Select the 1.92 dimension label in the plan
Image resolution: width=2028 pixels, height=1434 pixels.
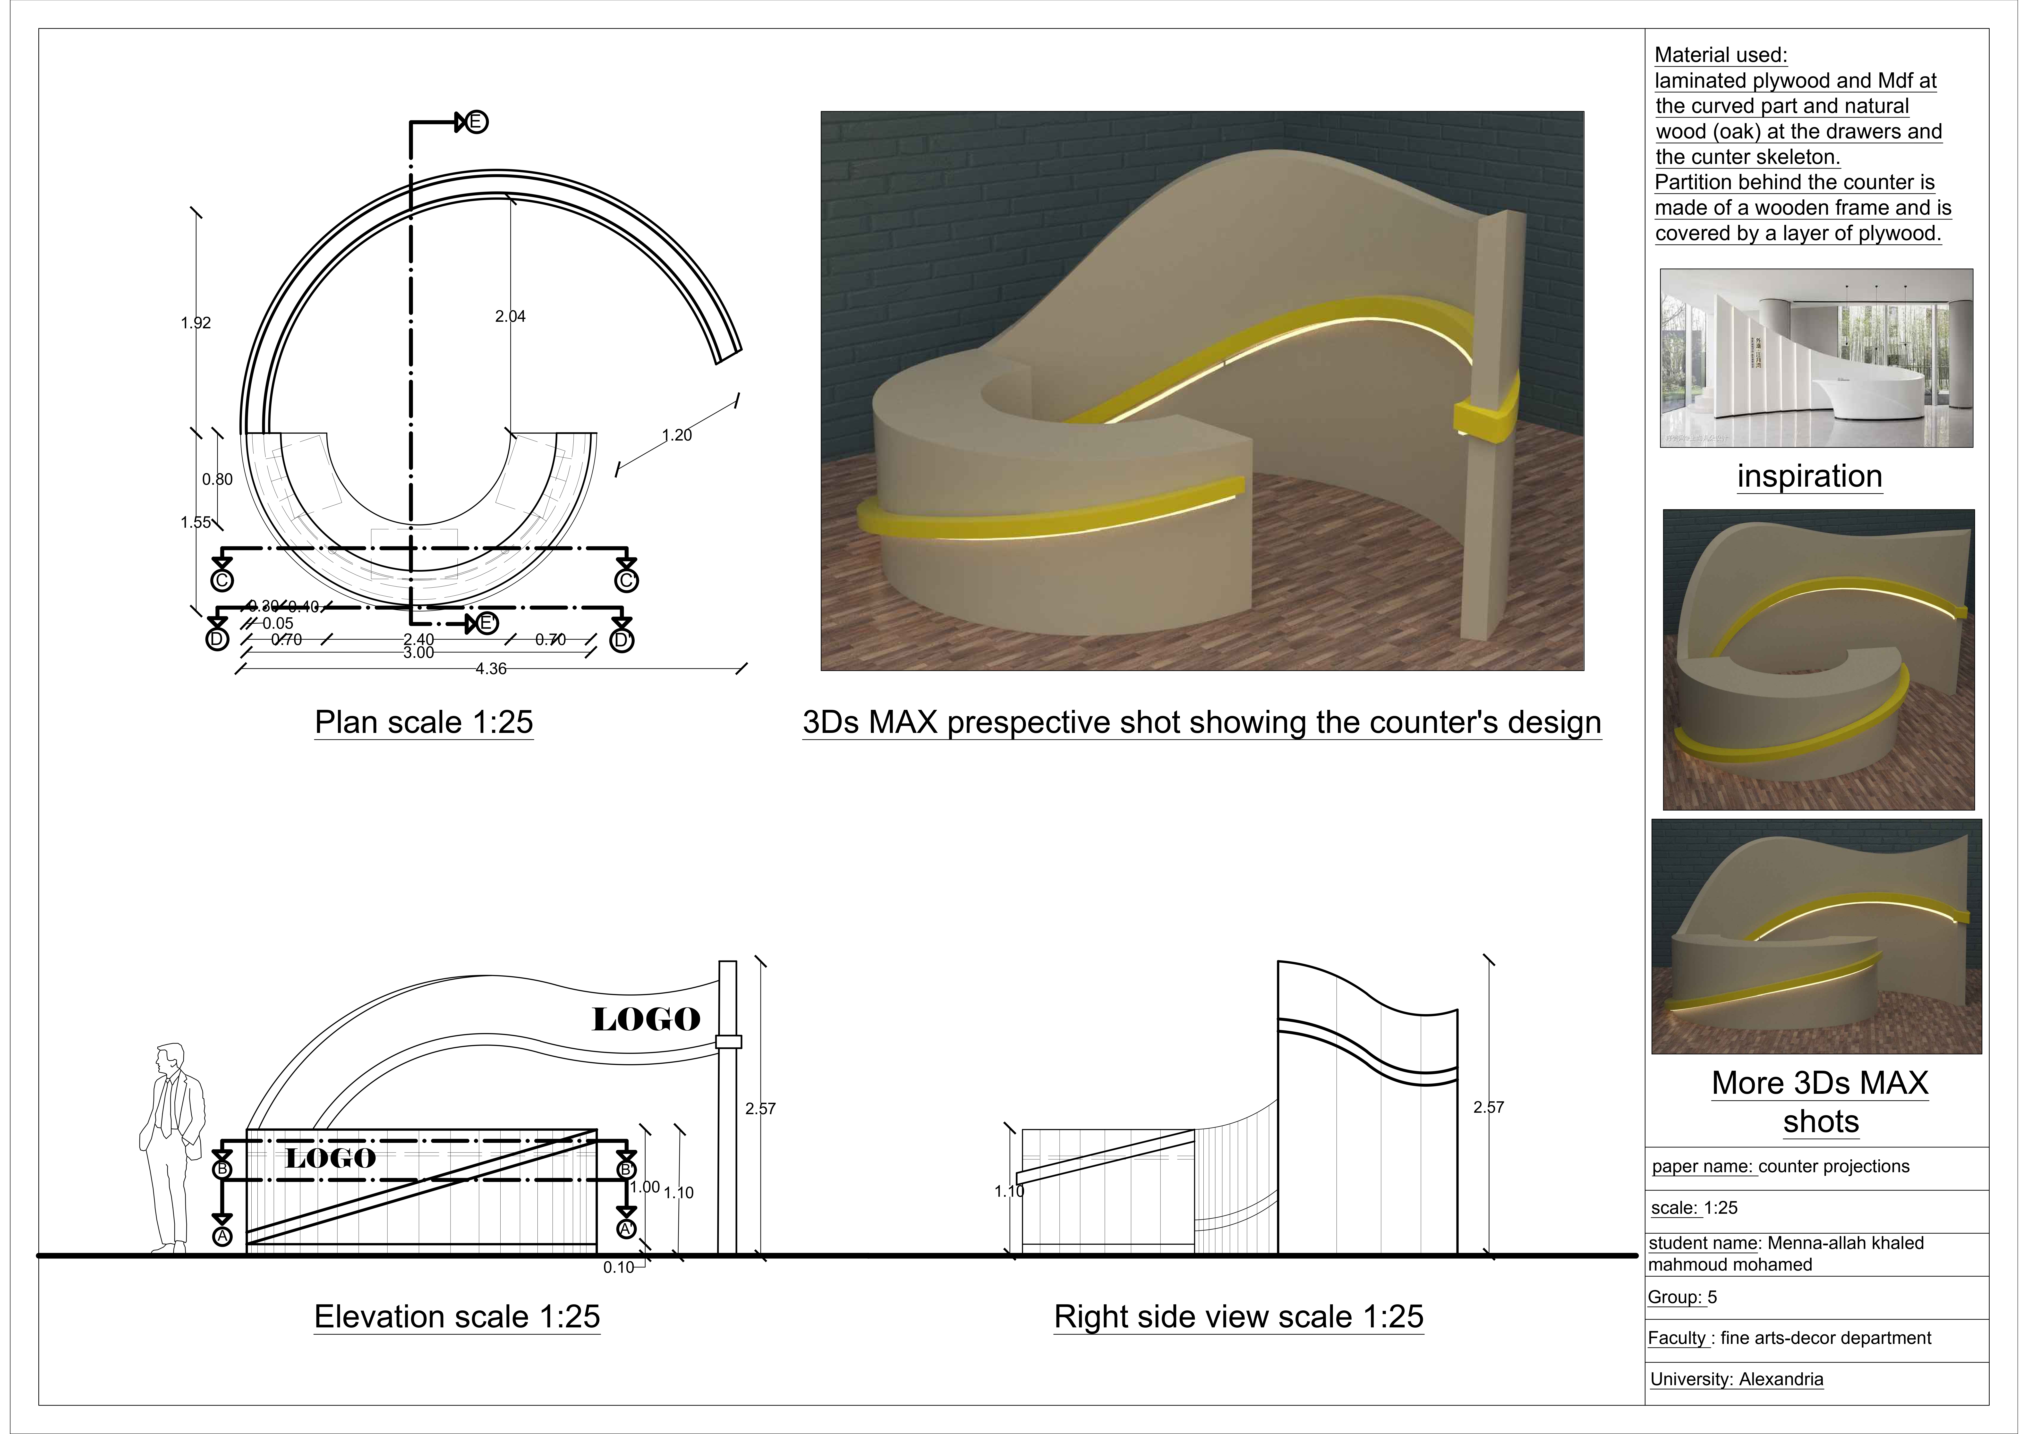(196, 323)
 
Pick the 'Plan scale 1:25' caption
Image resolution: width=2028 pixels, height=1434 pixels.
(424, 722)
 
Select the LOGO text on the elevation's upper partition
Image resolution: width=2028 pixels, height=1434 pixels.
(646, 1020)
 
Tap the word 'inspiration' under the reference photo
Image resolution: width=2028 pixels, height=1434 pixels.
(1809, 477)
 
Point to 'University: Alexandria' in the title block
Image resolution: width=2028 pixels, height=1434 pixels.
(1737, 1379)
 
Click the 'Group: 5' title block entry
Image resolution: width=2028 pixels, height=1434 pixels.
(1683, 1297)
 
